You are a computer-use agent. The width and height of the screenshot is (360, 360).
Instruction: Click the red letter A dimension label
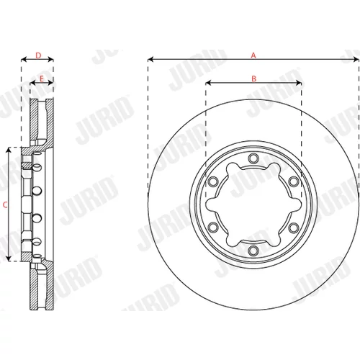[x=253, y=55]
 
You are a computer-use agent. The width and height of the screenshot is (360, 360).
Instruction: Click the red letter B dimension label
[x=253, y=78]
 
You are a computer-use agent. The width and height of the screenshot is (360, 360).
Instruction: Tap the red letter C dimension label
[x=5, y=205]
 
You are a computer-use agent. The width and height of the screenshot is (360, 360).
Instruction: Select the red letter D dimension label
[x=38, y=55]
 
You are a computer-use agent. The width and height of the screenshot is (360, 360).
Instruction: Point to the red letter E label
[x=42, y=78]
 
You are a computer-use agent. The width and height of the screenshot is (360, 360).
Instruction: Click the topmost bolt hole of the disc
[x=253, y=158]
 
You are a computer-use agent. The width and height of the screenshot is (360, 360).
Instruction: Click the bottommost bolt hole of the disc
[x=253, y=251]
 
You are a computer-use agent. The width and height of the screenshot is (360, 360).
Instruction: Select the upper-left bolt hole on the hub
[x=213, y=181]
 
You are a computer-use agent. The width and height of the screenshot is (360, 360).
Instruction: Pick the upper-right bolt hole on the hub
[x=293, y=181]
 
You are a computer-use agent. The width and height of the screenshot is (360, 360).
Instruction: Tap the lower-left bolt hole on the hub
[x=213, y=228]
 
